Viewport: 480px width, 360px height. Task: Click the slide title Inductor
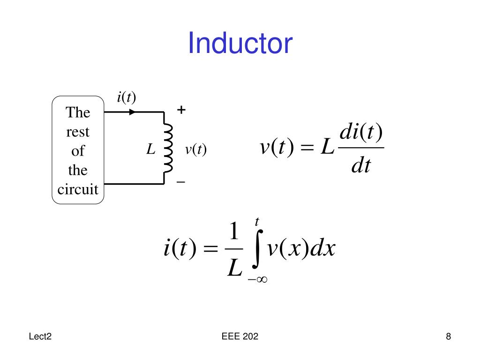[240, 44]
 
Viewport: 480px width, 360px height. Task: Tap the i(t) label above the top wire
[126, 97]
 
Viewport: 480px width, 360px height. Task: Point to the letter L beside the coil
[150, 150]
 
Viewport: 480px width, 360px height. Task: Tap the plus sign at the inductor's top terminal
[181, 110]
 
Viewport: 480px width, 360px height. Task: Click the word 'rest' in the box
[78, 132]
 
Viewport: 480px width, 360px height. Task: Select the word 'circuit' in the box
[78, 189]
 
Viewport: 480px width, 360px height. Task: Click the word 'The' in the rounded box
[78, 112]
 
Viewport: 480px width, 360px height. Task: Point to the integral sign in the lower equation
[257, 250]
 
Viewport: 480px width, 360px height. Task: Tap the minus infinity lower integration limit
[257, 279]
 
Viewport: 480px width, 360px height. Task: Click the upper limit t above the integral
[257, 220]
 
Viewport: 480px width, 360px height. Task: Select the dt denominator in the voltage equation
[361, 165]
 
